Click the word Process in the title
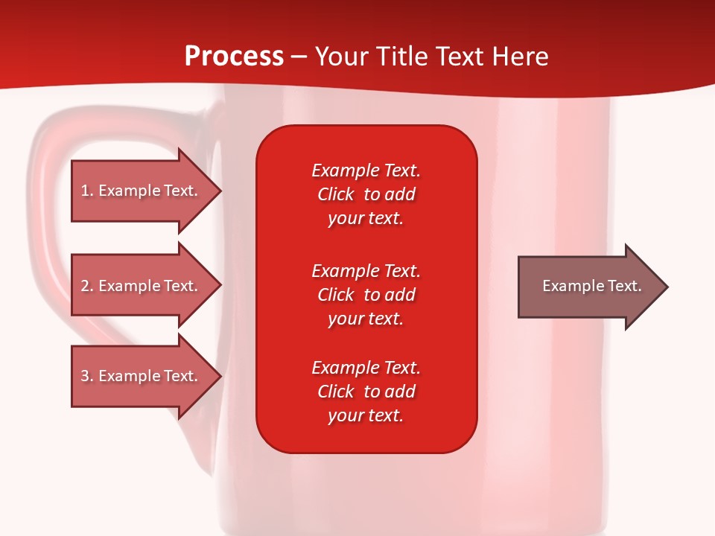pyautogui.click(x=235, y=57)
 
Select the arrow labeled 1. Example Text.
pyautogui.click(x=147, y=191)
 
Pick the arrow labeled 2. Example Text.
pyautogui.click(x=147, y=285)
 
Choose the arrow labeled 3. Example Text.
pyautogui.click(x=147, y=376)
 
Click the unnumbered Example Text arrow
pyautogui.click(x=593, y=287)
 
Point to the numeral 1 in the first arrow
pyautogui.click(x=84, y=191)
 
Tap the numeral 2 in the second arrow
pyautogui.click(x=85, y=286)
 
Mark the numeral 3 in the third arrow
pyautogui.click(x=85, y=376)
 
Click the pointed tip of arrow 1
pyautogui.click(x=221, y=191)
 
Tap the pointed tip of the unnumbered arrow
pyautogui.click(x=668, y=287)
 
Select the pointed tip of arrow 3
pyautogui.click(x=221, y=376)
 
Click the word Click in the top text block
pyautogui.click(x=336, y=194)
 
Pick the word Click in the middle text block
pyautogui.click(x=336, y=295)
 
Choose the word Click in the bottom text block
pyautogui.click(x=336, y=391)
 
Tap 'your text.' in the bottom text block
pyautogui.click(x=366, y=415)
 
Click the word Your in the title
pyautogui.click(x=342, y=57)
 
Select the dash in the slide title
pyautogui.click(x=299, y=58)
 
